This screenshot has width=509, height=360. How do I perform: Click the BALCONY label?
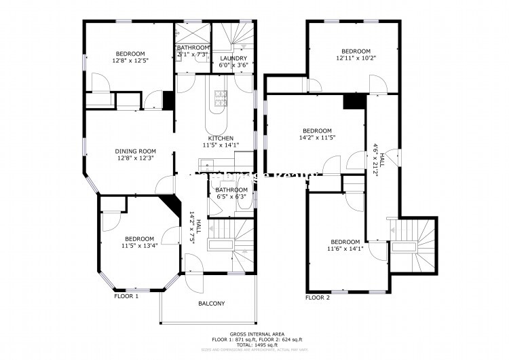coord(211,304)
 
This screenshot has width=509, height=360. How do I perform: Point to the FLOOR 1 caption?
coord(126,297)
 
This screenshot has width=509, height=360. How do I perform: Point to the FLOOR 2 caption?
coord(318,298)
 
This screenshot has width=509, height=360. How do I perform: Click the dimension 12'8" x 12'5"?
coord(130,60)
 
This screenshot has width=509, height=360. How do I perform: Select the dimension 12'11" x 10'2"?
coord(356,58)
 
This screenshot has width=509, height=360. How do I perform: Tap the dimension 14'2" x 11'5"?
coord(317,138)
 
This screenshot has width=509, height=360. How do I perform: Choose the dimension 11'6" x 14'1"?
coord(345,249)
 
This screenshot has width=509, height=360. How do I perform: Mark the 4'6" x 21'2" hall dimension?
coord(375,158)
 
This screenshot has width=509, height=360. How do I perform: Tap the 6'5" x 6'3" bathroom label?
coord(231,197)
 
